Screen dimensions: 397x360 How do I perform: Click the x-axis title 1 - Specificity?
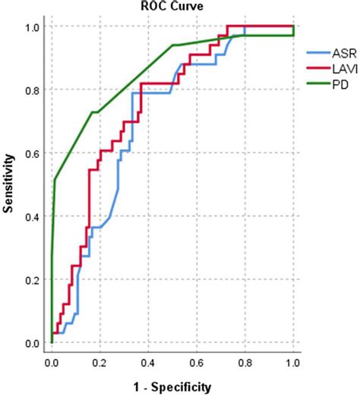(x=171, y=388)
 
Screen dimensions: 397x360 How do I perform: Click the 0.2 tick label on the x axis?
(x=99, y=363)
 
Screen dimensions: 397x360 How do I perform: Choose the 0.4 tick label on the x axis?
(x=148, y=363)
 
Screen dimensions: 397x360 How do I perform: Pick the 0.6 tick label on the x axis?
(x=196, y=363)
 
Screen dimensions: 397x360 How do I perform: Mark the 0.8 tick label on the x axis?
(x=245, y=363)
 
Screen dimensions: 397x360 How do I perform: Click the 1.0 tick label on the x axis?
(x=293, y=363)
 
